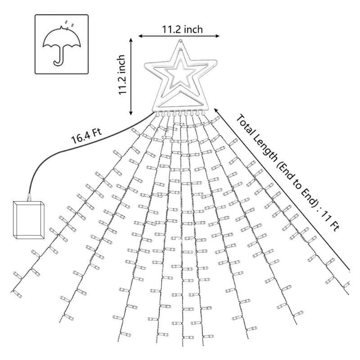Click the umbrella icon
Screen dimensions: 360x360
pyautogui.click(x=62, y=45)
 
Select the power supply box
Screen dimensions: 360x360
pyautogui.click(x=29, y=220)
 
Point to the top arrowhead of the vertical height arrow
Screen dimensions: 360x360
pyautogui.click(x=131, y=40)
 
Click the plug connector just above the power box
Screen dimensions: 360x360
pyautogui.click(x=30, y=196)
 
